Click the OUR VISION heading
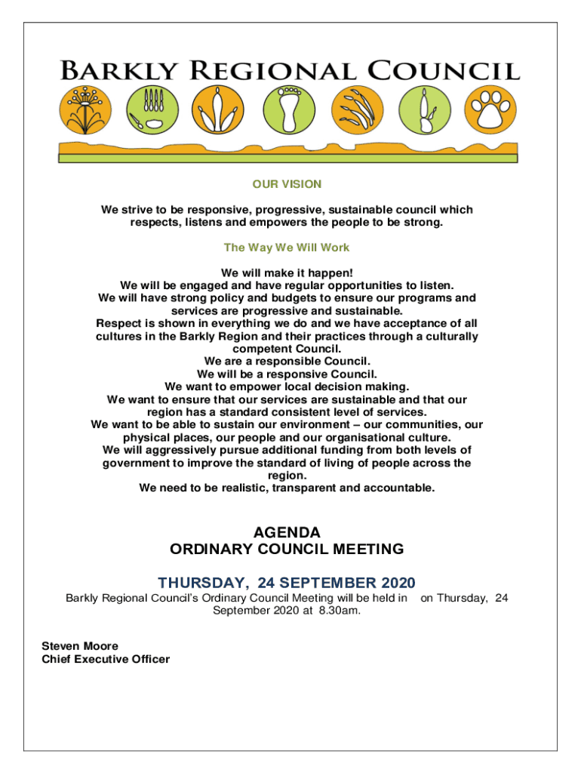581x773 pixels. [x=287, y=184]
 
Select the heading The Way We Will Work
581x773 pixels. [x=287, y=248]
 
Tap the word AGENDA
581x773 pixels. [x=287, y=532]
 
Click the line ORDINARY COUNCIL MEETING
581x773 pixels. [x=287, y=550]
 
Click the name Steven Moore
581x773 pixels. [x=80, y=646]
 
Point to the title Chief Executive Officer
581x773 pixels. [x=106, y=659]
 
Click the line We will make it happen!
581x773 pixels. [x=287, y=272]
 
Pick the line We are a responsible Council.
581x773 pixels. [x=287, y=361]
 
